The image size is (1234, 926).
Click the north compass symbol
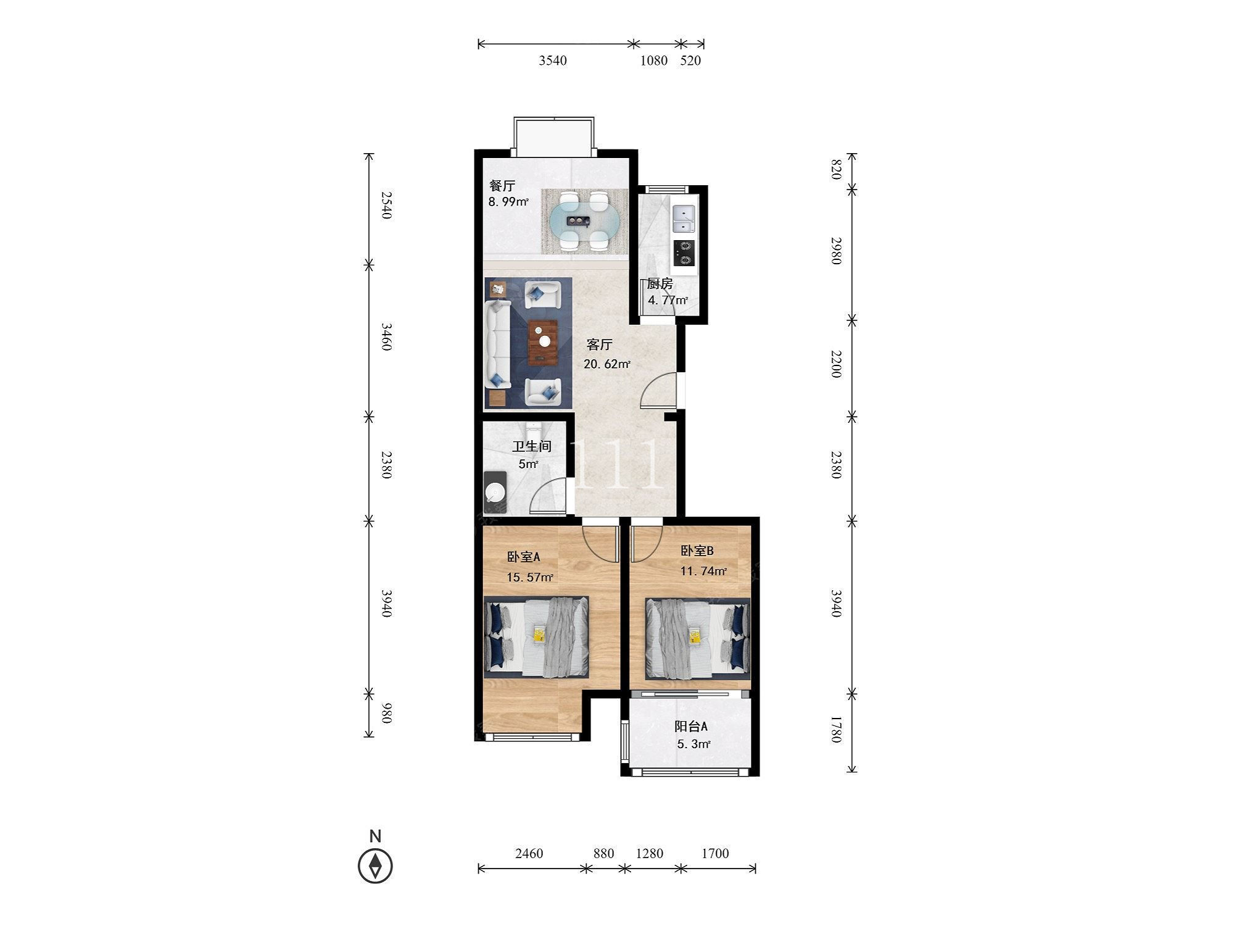(x=375, y=866)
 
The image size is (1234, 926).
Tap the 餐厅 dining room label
(x=502, y=186)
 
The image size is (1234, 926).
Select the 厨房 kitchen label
(x=660, y=285)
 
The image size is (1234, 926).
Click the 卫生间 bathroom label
(x=531, y=446)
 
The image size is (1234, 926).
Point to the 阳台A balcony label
(x=691, y=727)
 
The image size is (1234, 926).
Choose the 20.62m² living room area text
(x=607, y=364)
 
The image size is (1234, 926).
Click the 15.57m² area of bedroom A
(x=530, y=578)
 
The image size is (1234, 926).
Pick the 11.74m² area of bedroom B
(x=703, y=571)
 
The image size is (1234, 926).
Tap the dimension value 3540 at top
(x=553, y=60)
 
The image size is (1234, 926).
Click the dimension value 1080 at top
(x=654, y=60)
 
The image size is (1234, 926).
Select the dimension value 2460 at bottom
(x=529, y=853)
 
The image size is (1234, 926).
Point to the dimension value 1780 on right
(x=836, y=729)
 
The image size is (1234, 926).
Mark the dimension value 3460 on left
(x=387, y=336)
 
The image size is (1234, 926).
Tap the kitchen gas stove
(x=684, y=252)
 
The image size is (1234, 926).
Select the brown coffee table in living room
(x=543, y=343)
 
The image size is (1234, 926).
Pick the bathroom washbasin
(x=495, y=492)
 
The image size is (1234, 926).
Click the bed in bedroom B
(x=698, y=638)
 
